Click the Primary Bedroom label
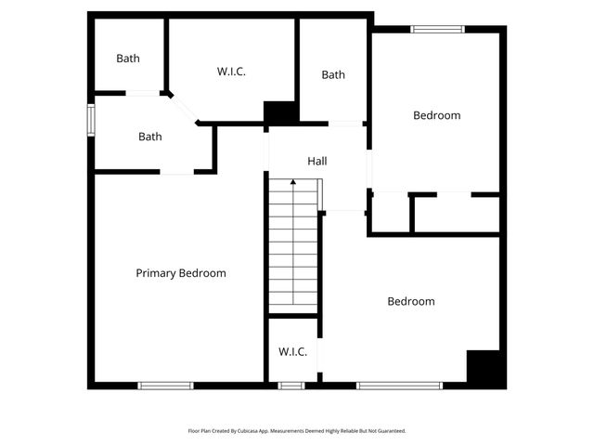(x=181, y=273)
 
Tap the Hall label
(x=317, y=162)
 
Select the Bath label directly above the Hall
(x=333, y=75)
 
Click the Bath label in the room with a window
(x=150, y=137)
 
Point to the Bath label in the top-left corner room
(x=128, y=59)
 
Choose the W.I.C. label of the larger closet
(x=231, y=72)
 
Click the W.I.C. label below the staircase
(x=293, y=352)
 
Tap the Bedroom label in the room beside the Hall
(x=436, y=115)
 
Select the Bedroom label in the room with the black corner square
(x=410, y=301)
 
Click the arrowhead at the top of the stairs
(x=293, y=183)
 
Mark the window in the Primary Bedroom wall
(x=165, y=385)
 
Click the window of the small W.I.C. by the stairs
(x=291, y=385)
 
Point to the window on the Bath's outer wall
(x=91, y=120)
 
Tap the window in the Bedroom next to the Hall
(x=437, y=29)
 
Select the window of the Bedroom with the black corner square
(x=399, y=385)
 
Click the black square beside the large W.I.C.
(x=280, y=112)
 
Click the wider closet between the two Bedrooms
(x=456, y=214)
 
